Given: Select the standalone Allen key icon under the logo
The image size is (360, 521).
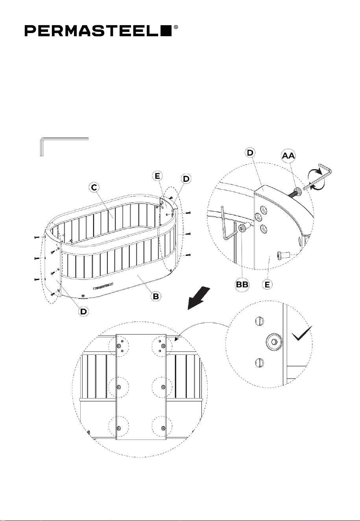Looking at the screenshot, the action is click(64, 147).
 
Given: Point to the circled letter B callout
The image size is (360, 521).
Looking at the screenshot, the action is click(155, 296).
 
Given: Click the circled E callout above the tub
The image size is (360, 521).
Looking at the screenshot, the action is click(157, 176).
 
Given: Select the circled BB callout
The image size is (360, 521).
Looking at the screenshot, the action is click(242, 285).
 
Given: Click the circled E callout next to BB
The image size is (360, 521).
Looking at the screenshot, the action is click(268, 285).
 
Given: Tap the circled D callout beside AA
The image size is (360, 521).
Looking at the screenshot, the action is click(251, 153).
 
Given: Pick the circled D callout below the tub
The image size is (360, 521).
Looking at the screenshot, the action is click(83, 312).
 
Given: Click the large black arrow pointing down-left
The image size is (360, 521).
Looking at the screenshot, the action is click(198, 299).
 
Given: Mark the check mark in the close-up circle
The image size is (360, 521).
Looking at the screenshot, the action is click(302, 333).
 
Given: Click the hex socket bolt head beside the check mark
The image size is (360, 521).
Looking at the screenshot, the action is click(273, 342).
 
